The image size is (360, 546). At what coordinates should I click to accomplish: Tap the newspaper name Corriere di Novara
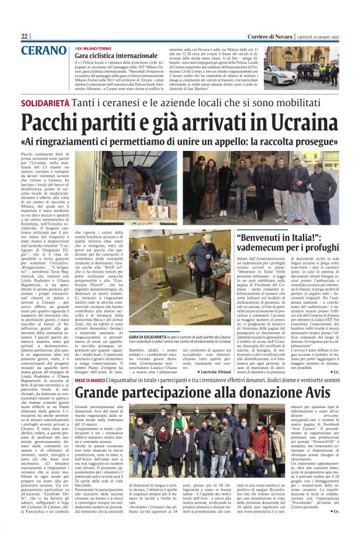click(x=253, y=36)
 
